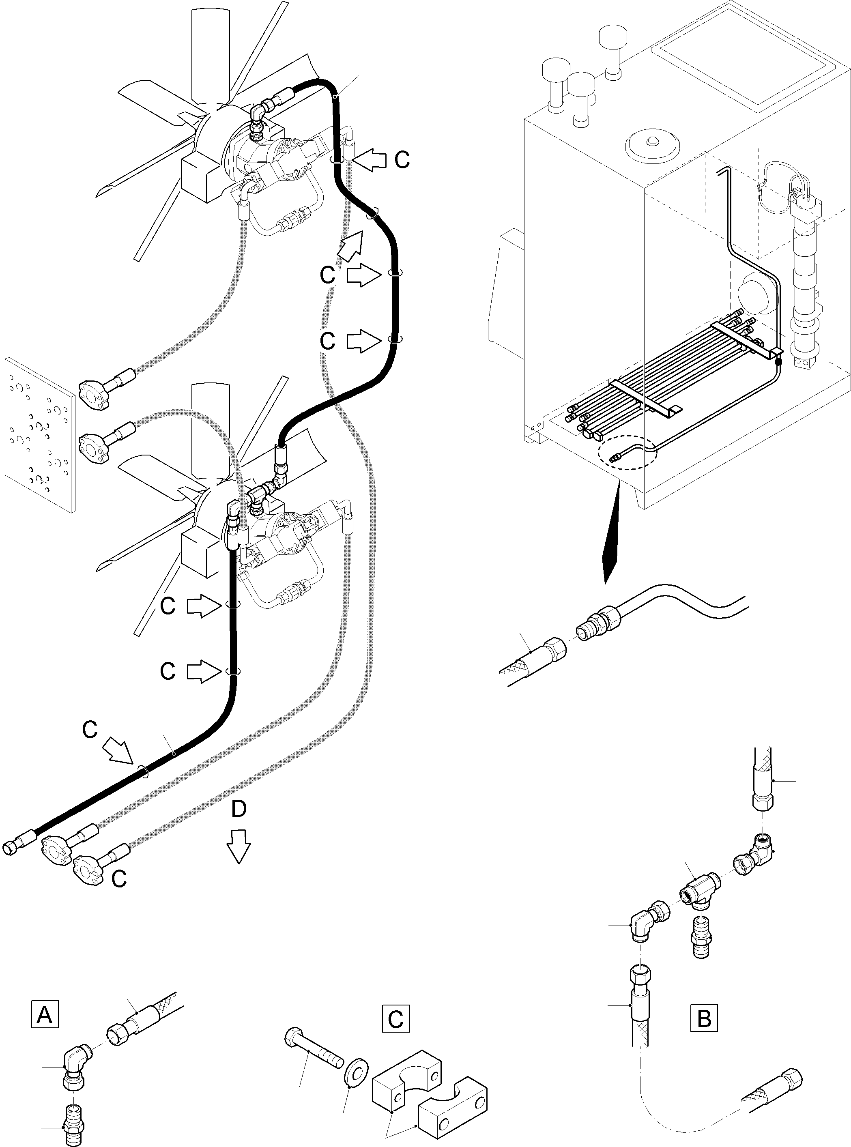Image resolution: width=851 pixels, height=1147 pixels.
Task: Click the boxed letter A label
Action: pos(45,1014)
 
